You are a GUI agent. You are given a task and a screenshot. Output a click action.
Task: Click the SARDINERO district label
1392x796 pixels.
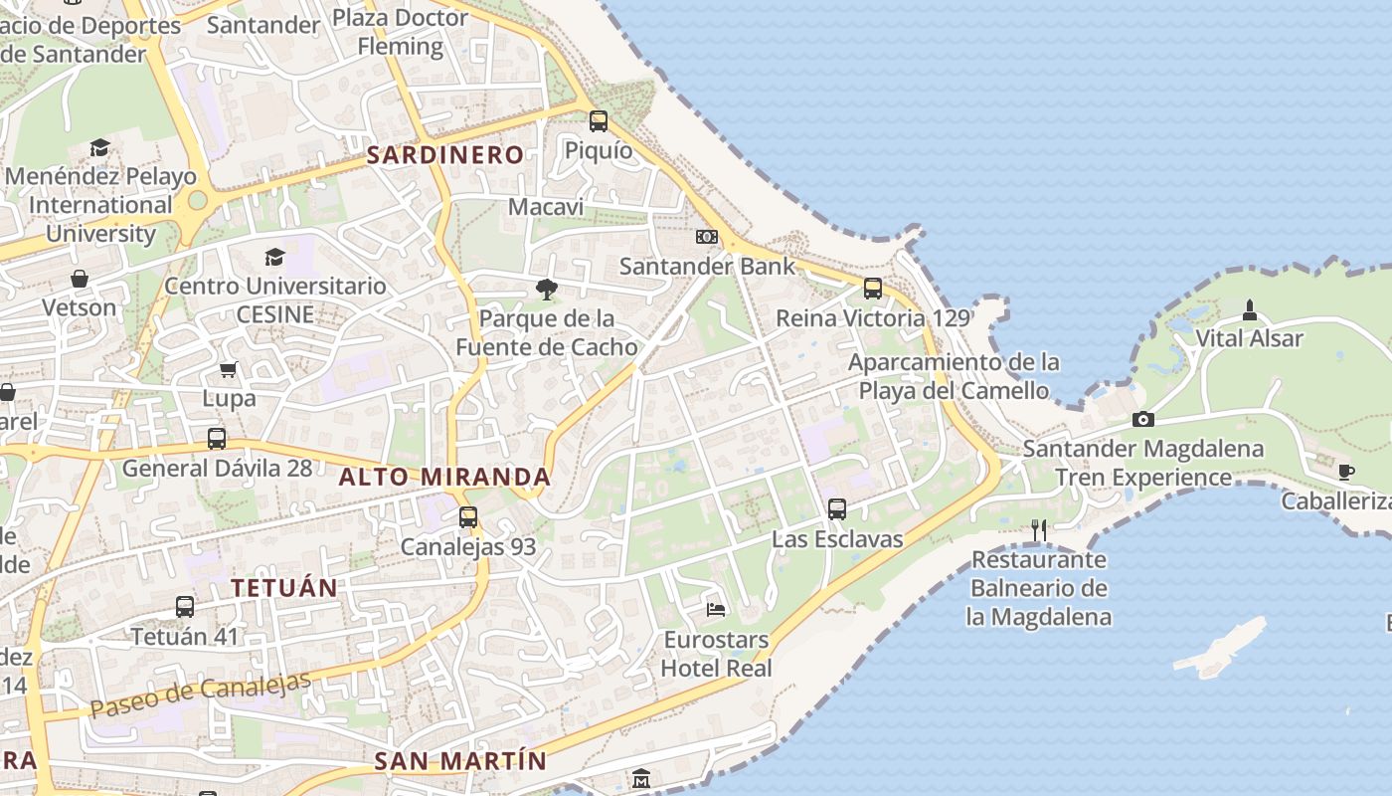[445, 154]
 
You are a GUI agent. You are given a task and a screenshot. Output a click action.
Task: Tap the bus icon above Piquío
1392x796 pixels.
[598, 121]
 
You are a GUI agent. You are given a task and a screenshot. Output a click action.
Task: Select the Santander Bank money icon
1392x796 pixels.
[707, 237]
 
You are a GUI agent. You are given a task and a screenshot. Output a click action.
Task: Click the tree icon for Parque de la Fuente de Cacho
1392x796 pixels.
[546, 290]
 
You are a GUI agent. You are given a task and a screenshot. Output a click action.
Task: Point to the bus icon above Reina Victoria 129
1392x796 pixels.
[873, 289]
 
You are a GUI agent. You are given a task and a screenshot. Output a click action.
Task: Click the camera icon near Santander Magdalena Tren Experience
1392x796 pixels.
[1143, 419]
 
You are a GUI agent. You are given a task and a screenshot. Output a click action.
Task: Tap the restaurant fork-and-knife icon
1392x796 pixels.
[1039, 529]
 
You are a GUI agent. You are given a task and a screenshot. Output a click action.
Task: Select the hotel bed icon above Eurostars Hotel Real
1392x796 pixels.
[716, 609]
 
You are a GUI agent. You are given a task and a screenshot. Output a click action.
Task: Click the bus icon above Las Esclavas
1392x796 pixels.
[837, 509]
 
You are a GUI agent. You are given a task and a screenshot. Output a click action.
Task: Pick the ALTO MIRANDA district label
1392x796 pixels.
[444, 477]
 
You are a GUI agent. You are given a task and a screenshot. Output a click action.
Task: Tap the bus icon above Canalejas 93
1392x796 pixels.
[468, 517]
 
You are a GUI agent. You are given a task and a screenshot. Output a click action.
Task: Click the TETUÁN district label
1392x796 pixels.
[284, 587]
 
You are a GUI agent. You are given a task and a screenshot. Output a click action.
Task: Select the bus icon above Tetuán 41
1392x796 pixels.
[184, 607]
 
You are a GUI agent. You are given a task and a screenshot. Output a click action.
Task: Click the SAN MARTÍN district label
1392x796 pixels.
[460, 761]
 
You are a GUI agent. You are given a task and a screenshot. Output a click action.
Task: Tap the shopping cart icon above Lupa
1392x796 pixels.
[229, 370]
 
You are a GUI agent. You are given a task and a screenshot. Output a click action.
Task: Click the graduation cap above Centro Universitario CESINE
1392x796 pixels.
[275, 258]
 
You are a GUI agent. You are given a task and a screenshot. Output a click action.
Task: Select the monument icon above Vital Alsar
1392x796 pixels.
[1250, 309]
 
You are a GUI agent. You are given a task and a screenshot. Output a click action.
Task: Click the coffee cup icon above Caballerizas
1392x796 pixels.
[1345, 472]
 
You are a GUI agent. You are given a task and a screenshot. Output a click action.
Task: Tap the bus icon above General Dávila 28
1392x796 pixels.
[217, 439]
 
